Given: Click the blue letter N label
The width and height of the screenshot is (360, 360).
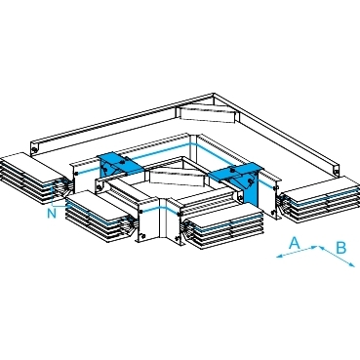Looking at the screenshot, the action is point(52,214).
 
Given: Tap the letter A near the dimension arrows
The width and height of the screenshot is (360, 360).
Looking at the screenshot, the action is point(295,243).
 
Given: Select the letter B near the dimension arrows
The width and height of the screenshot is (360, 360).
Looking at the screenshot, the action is point(340,248).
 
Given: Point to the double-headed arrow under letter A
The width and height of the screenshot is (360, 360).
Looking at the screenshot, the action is point(297,253).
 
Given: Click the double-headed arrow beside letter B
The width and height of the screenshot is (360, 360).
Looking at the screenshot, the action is point(337,257).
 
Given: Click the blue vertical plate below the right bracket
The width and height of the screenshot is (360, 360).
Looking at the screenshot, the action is point(251,189).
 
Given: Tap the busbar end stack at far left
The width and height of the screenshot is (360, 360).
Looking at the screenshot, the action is point(32,176).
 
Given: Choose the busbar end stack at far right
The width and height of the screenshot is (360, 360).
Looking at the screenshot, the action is point(320,199).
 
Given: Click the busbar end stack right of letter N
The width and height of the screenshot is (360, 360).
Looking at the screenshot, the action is point(100,217).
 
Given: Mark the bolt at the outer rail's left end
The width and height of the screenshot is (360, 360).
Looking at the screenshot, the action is point(34,150).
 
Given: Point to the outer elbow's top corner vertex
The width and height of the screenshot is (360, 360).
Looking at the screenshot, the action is point(214,94).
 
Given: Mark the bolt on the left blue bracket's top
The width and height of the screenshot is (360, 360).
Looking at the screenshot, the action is point(123,160).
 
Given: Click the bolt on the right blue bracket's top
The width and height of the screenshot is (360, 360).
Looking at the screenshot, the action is point(232,169).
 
